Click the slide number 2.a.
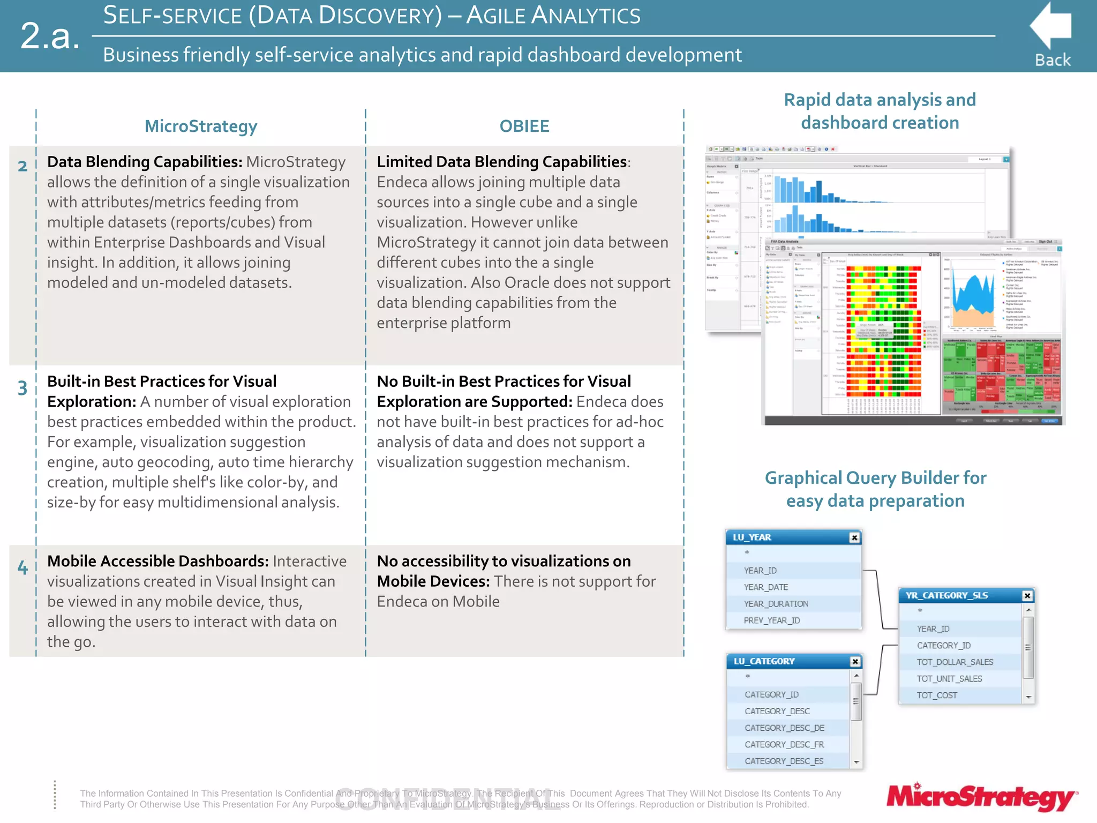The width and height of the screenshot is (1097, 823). pyautogui.click(x=50, y=36)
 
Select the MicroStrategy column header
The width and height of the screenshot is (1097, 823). pyautogui.click(x=201, y=126)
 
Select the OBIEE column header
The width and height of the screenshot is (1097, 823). pyautogui.click(x=524, y=126)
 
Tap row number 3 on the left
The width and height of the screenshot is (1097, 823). pyautogui.click(x=22, y=388)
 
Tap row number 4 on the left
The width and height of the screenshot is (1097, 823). pyautogui.click(x=22, y=567)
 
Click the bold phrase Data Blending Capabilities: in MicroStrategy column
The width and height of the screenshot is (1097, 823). pyautogui.click(x=145, y=162)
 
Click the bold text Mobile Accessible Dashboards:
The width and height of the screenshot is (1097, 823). pyautogui.click(x=157, y=561)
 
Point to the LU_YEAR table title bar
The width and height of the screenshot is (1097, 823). pyautogui.click(x=787, y=537)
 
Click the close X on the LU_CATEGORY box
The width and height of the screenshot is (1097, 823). pyautogui.click(x=855, y=662)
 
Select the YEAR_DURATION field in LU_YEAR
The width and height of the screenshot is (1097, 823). pyautogui.click(x=776, y=604)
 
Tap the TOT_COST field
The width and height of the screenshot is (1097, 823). pyautogui.click(x=937, y=695)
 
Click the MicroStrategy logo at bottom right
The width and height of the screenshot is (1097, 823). pyautogui.click(x=981, y=797)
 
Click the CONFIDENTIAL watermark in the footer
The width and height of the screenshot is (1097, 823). pyautogui.click(x=448, y=799)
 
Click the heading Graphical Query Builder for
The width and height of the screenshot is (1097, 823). pyautogui.click(x=875, y=478)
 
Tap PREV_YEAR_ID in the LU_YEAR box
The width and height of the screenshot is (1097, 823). pyautogui.click(x=771, y=620)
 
